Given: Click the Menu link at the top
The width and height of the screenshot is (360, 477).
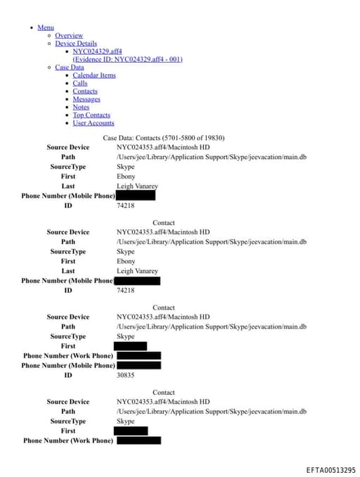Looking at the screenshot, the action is (x=45, y=27).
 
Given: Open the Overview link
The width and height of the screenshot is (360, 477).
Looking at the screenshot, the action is (x=69, y=35).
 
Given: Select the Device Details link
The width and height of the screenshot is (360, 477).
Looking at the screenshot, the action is (x=76, y=44).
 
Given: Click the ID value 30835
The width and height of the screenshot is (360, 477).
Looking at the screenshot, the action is (x=125, y=375).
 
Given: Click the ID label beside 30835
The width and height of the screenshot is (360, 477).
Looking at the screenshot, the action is (x=68, y=375).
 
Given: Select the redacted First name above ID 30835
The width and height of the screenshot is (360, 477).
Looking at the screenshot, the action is (x=130, y=346).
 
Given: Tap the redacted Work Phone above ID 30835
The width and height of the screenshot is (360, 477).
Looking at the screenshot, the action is (x=139, y=356).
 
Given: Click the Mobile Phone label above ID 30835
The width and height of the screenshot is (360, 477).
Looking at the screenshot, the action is (x=68, y=365).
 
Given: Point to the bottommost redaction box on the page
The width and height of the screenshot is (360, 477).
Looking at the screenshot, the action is (x=139, y=440).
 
